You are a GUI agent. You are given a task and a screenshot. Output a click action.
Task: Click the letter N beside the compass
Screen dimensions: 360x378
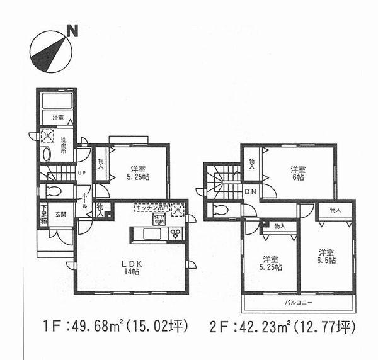pos(73,29)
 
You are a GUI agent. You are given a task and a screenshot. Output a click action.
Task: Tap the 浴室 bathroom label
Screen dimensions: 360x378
pos(58,117)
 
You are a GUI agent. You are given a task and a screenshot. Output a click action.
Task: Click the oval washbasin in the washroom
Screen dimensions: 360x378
pos(45,154)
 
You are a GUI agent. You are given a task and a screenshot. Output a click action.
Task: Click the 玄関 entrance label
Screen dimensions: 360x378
pos(60,214)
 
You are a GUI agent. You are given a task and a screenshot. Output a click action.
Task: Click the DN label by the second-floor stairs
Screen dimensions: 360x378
pos(250,191)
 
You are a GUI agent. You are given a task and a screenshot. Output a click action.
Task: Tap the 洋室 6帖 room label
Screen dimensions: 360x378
pos(298,173)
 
